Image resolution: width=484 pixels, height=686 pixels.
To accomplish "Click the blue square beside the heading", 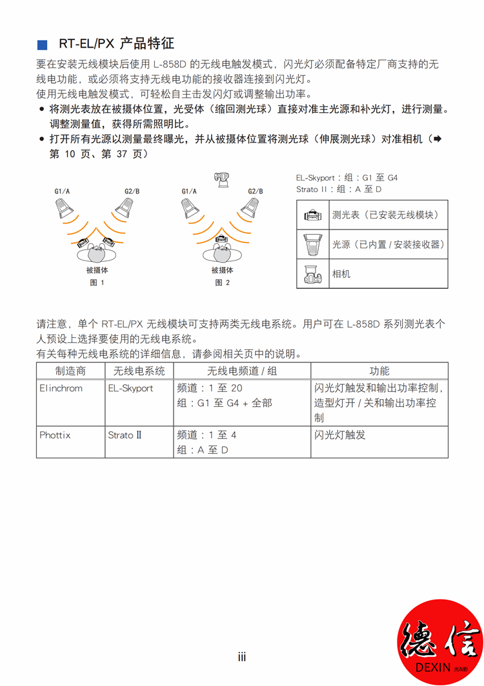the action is (43, 44).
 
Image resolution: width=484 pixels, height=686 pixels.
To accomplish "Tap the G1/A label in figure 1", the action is (62, 191).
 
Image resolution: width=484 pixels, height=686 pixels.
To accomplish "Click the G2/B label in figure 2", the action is (256, 191).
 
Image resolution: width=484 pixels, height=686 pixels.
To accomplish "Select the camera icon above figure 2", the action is (221, 179).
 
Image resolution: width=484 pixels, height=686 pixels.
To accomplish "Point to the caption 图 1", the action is (97, 282).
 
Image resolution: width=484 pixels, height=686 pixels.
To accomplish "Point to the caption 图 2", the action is (222, 282).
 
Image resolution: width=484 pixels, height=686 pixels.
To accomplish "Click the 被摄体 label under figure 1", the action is (97, 270).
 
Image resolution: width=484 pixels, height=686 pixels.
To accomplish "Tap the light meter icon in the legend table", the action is (313, 215).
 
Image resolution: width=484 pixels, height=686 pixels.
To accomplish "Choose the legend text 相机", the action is (341, 274).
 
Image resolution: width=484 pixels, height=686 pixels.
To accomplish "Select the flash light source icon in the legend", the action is (313, 244).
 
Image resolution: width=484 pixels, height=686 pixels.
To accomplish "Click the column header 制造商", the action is (70, 371).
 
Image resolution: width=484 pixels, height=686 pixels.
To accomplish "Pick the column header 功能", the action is (379, 371).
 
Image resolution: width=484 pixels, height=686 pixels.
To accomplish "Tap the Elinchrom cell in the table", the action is (61, 388).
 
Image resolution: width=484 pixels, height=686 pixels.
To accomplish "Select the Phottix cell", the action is (55, 435).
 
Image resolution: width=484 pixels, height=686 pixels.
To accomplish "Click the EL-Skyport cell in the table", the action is (130, 388).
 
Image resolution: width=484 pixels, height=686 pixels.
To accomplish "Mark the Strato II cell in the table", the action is (125, 435).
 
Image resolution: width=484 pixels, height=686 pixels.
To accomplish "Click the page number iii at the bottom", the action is (242, 657).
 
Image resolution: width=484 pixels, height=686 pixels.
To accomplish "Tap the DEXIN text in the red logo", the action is (433, 668).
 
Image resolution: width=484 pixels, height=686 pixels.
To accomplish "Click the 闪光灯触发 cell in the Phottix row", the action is (340, 435).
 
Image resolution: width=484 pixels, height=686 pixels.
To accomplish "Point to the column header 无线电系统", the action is (139, 371).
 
